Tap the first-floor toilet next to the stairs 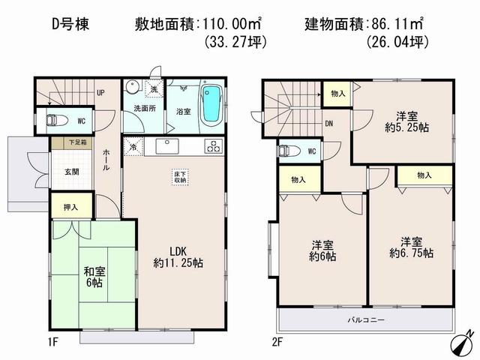click(x=56, y=120)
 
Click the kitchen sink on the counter click(x=166, y=145)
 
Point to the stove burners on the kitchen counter click(x=212, y=145)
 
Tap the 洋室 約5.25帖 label click(x=404, y=121)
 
